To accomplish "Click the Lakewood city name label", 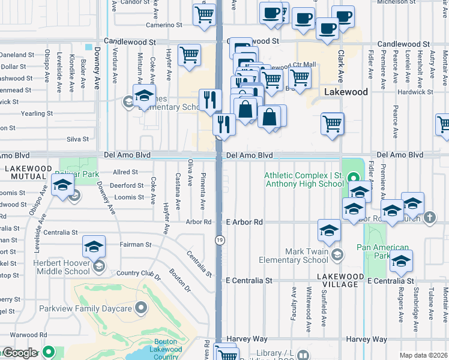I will (345, 92).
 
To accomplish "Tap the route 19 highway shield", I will (220, 240).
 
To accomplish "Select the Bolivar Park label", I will (76, 174).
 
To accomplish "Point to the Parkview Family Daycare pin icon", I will (141, 308).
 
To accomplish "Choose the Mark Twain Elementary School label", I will (294, 256).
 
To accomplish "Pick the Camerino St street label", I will (164, 25).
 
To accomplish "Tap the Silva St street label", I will (77, 139).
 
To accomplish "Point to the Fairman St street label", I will (135, 245).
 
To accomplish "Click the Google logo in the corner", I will (19, 353).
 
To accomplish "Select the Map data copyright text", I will (424, 355).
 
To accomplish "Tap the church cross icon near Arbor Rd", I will (430, 217).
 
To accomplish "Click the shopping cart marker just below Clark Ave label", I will (332, 124).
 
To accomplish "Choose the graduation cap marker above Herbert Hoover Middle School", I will (94, 248).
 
